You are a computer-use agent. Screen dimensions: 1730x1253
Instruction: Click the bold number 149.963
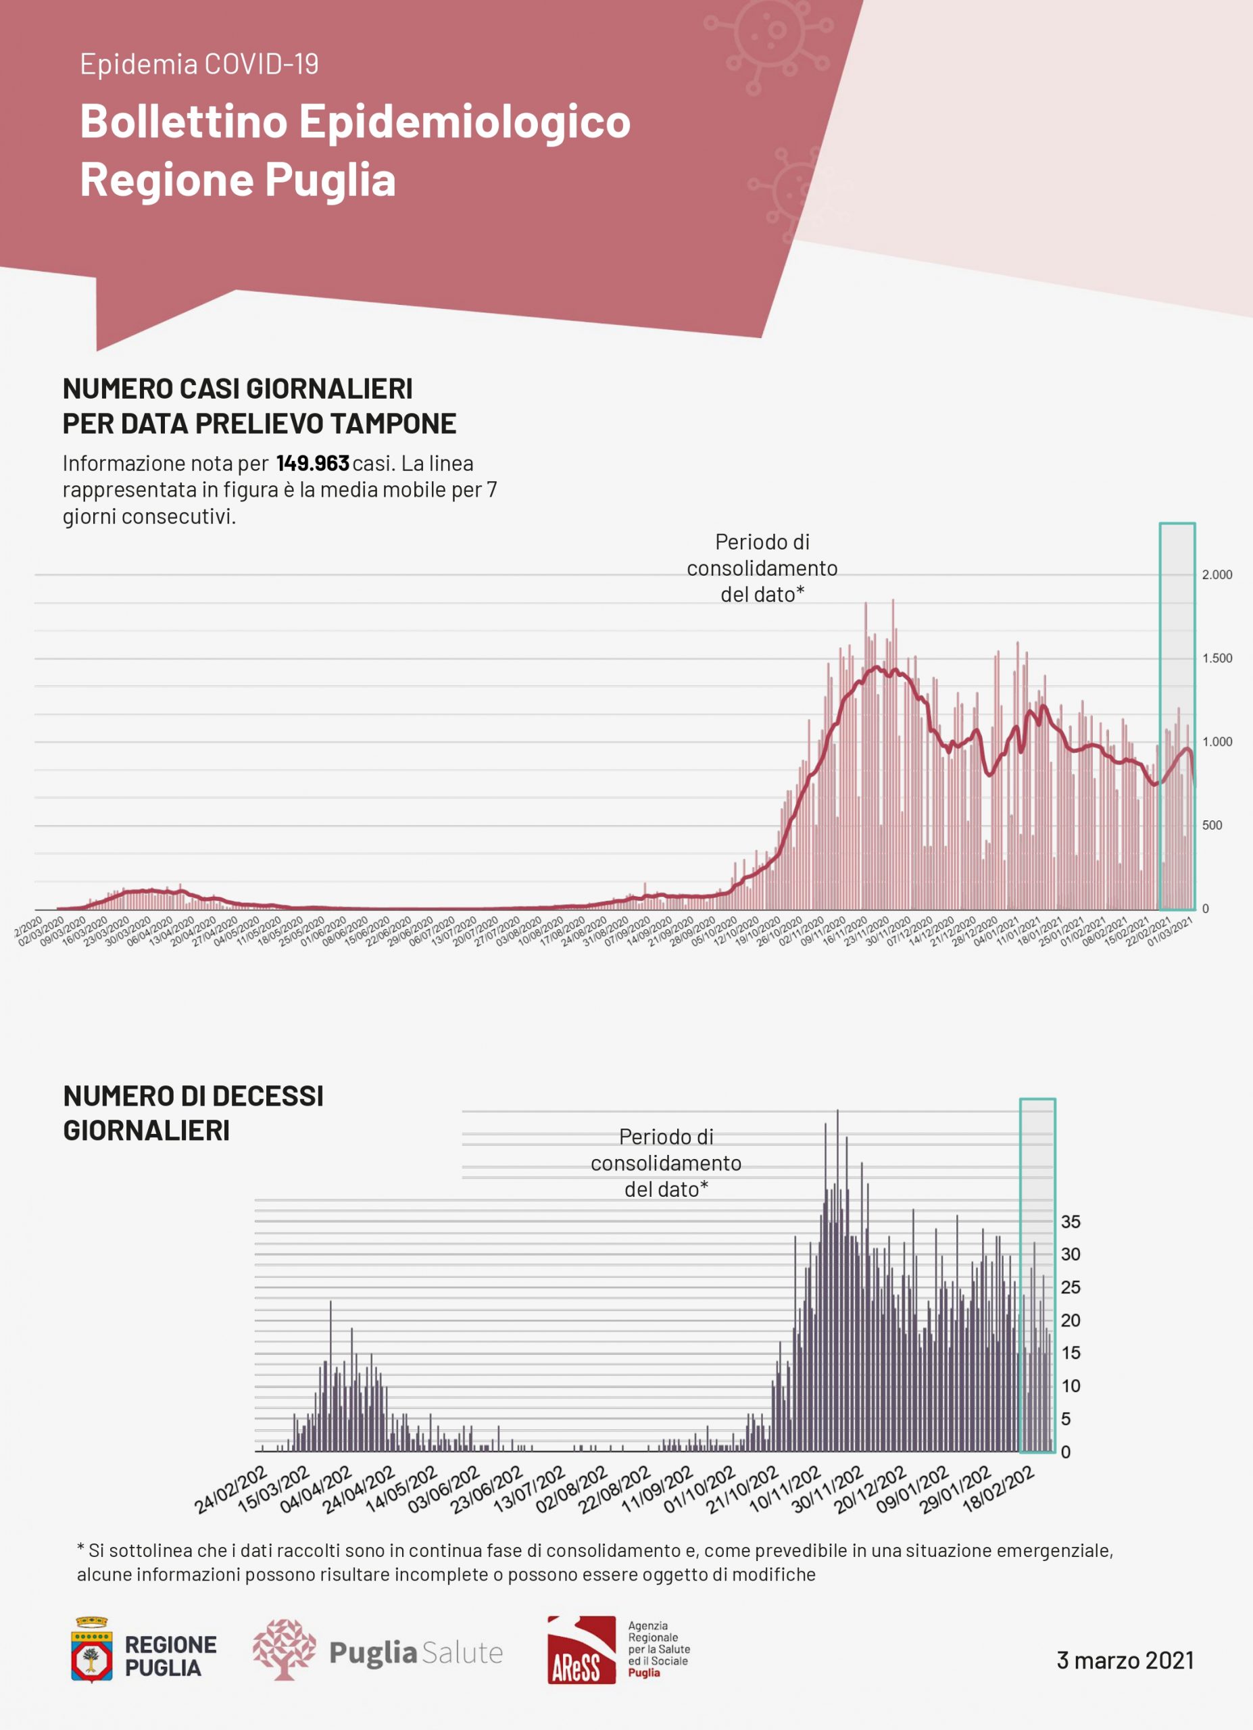(x=313, y=463)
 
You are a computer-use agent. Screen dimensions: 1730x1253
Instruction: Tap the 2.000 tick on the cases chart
(x=1217, y=574)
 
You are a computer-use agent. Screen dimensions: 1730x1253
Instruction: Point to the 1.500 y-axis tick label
(x=1217, y=658)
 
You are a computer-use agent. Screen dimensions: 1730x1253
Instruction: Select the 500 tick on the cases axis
(x=1212, y=825)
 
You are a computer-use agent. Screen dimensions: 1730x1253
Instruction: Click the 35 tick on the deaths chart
(x=1071, y=1221)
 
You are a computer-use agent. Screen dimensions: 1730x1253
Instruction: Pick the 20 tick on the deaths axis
(x=1071, y=1320)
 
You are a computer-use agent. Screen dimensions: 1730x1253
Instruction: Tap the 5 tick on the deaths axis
(x=1066, y=1418)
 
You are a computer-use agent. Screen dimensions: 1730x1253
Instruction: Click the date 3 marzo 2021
(x=1125, y=1660)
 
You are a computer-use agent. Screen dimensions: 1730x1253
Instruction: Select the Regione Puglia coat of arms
(x=91, y=1650)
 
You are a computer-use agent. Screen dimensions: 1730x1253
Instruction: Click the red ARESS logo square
(x=581, y=1650)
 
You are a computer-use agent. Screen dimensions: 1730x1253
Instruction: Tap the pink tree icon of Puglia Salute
(x=284, y=1650)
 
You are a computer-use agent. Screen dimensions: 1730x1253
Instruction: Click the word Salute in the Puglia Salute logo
(x=462, y=1653)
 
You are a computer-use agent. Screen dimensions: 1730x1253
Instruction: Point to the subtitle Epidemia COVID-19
(x=199, y=64)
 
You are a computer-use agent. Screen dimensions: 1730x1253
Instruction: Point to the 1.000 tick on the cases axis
(x=1217, y=741)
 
